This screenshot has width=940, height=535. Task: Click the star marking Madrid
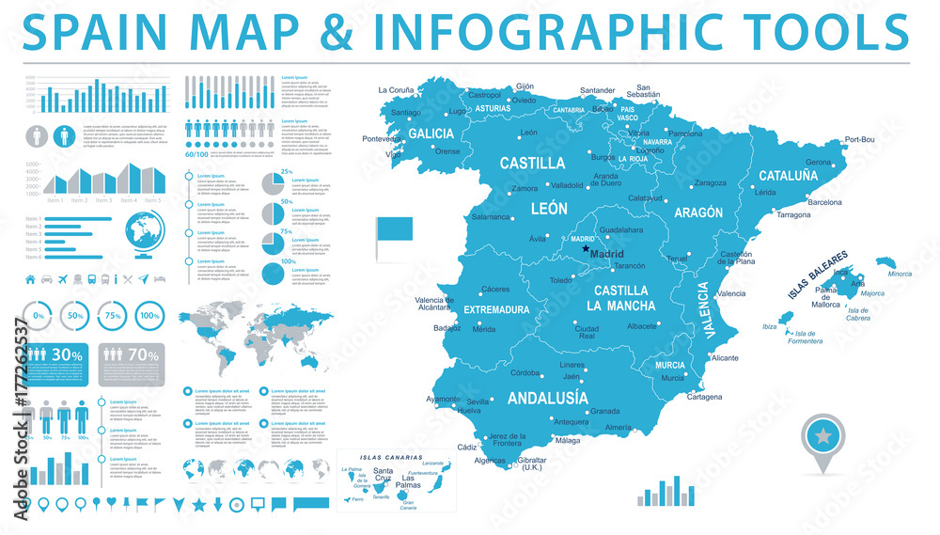point(586,249)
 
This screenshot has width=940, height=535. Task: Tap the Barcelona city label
point(825,202)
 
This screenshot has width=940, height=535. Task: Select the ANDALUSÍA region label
point(548,398)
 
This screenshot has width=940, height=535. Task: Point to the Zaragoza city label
point(710,182)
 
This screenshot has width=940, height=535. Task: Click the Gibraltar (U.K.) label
point(532,463)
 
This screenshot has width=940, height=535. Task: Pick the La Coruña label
point(395,90)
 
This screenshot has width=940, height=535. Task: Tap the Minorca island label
point(900,274)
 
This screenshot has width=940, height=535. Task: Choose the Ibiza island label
point(769,326)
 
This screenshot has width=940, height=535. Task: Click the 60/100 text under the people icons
point(196,153)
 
